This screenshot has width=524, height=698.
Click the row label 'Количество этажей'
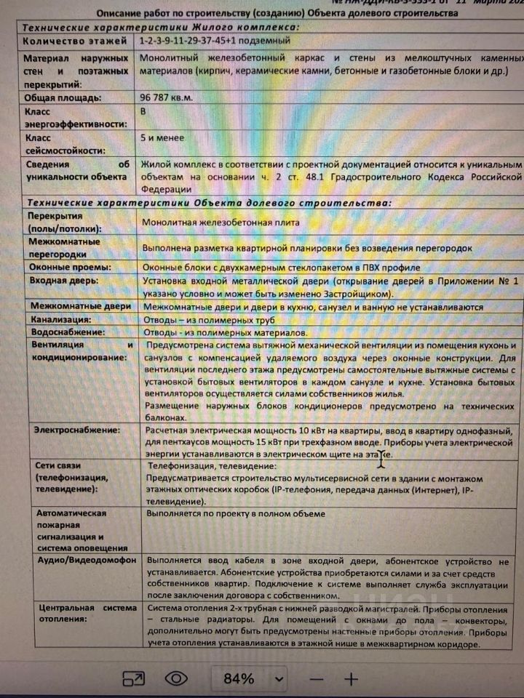click(71, 41)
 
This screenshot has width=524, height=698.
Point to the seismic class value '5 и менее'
click(162, 137)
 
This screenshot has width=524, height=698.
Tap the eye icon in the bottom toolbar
click(176, 679)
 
